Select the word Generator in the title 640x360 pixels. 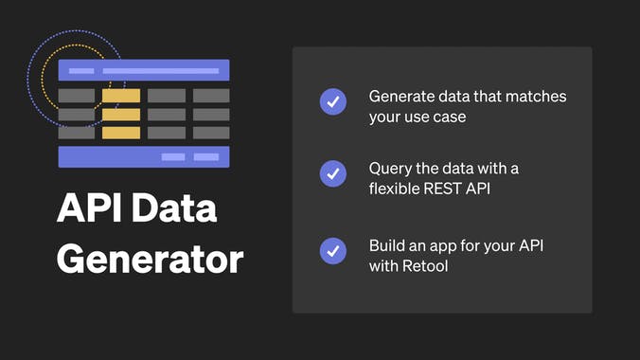click(150, 258)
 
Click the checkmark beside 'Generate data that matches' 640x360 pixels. click(332, 101)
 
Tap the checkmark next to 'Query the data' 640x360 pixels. click(332, 174)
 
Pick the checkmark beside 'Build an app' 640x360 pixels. click(332, 250)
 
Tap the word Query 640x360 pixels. click(389, 169)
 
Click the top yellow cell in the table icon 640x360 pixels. click(121, 96)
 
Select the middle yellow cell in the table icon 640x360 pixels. click(121, 115)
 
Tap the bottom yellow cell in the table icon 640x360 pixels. click(121, 133)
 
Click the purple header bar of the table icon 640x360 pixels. click(144, 70)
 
